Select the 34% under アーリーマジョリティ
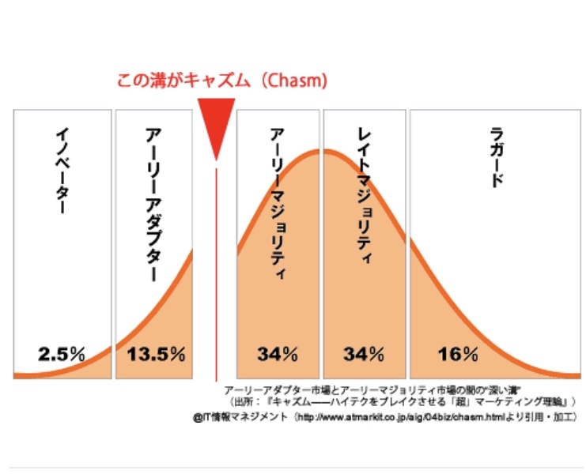point(277,353)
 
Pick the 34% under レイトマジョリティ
point(363,353)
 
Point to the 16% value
point(455,353)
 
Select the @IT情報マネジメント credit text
point(240,416)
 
